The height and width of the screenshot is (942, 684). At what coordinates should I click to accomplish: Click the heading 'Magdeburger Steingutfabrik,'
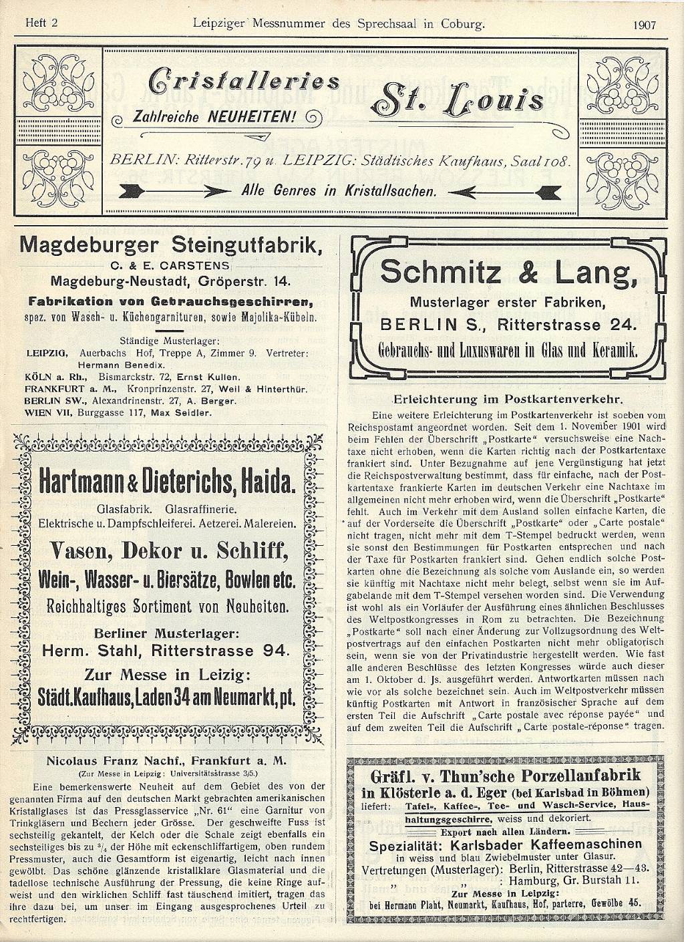[x=172, y=245]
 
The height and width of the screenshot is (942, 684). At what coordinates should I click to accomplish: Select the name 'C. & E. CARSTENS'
[x=172, y=265]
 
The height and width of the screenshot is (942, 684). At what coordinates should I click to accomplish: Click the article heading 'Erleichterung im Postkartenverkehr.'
[x=508, y=400]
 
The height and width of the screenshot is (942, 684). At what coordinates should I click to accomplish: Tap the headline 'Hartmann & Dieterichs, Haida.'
[x=167, y=480]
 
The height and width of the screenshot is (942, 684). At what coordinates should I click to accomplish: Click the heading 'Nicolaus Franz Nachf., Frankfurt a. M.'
[x=167, y=760]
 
